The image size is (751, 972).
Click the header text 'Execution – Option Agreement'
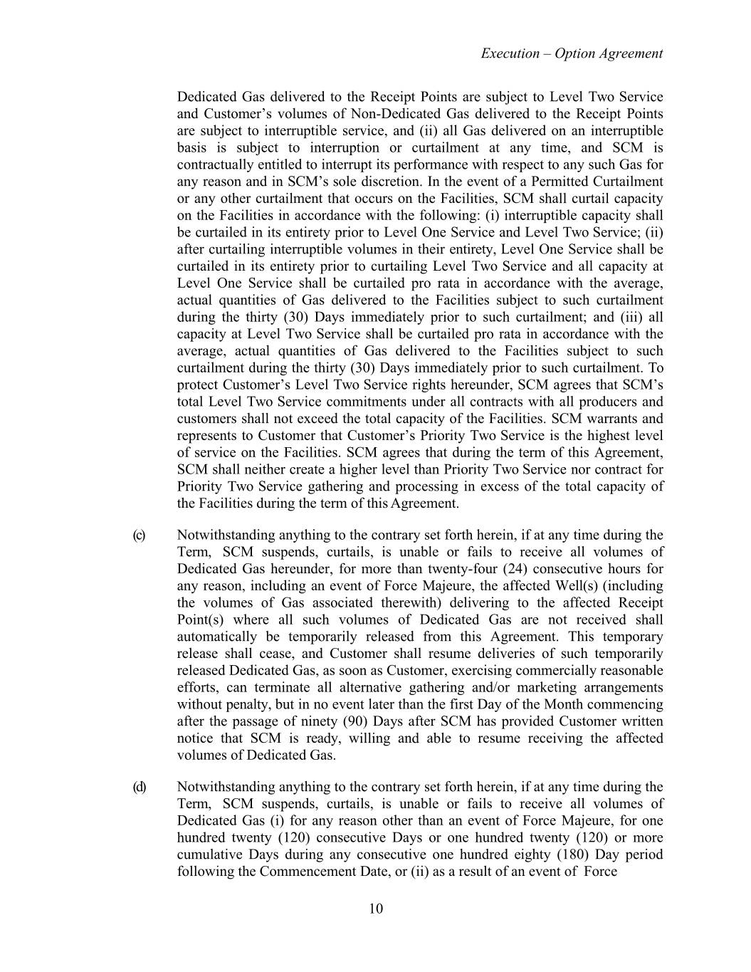pos(572,53)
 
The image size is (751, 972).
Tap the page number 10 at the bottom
pos(376,908)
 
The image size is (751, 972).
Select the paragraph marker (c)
pos(139,535)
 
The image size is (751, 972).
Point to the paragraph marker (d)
pos(139,787)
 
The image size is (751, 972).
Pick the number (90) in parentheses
pos(335,721)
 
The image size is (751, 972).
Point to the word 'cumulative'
pos(209,855)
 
